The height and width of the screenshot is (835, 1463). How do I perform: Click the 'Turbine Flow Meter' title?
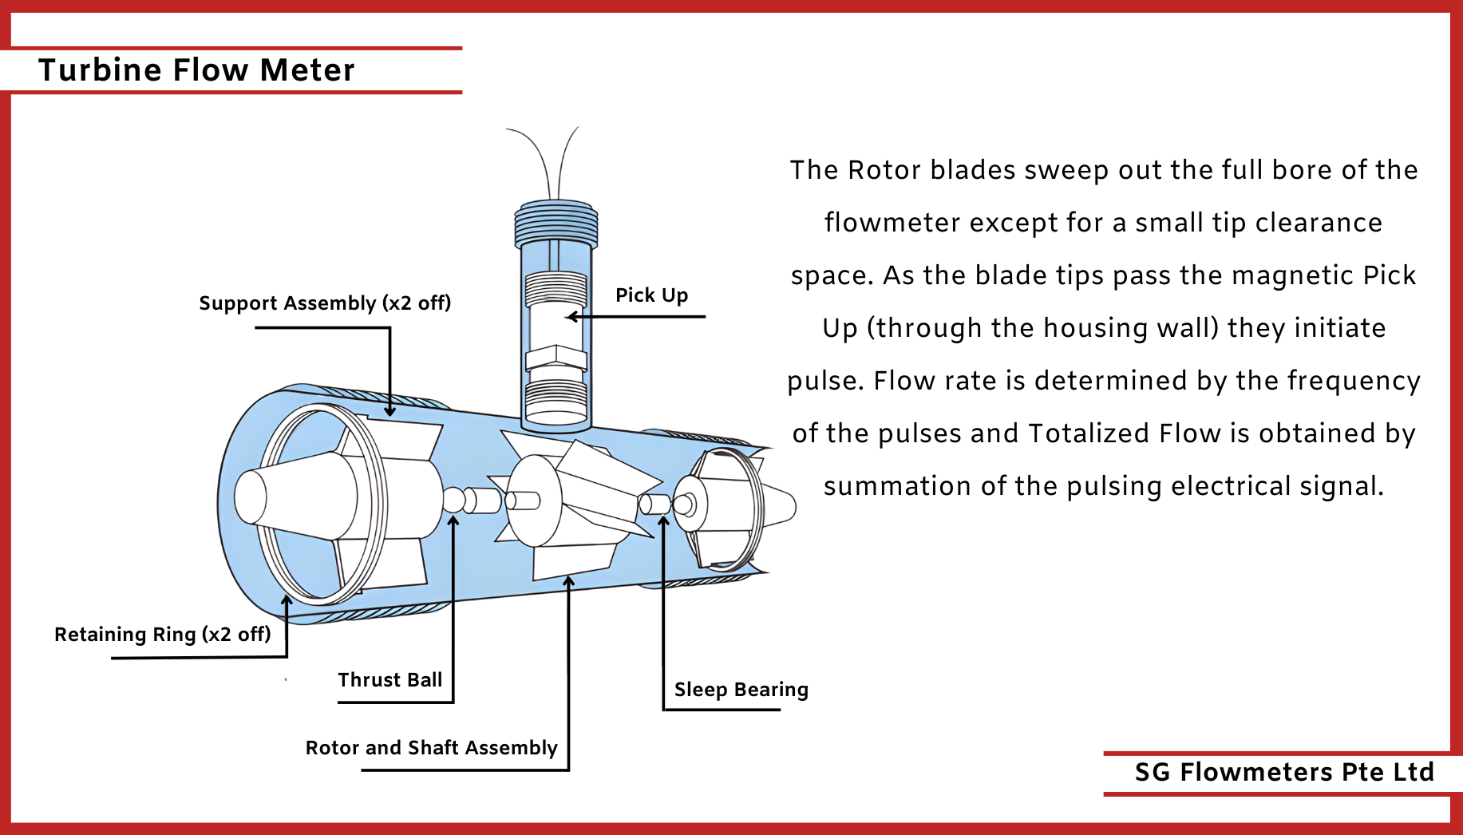click(x=196, y=70)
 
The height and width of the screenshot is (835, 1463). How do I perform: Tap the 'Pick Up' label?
click(x=651, y=295)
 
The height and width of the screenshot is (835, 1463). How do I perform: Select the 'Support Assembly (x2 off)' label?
click(x=325, y=303)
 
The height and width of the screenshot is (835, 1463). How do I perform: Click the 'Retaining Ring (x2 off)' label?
click(x=162, y=635)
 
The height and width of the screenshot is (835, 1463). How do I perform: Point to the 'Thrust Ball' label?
click(x=389, y=680)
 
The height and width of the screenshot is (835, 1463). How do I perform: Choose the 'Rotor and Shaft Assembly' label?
click(x=431, y=748)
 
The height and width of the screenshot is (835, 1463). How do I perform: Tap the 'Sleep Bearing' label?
click(x=741, y=690)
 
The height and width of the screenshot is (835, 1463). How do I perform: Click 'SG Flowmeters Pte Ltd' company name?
click(x=1284, y=772)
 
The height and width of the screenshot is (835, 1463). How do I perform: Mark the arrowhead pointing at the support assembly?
click(x=389, y=410)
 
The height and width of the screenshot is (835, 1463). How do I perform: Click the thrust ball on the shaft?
click(x=453, y=500)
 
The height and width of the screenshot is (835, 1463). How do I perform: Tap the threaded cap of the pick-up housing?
click(x=556, y=223)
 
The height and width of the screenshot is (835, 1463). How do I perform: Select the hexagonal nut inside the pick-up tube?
click(x=556, y=358)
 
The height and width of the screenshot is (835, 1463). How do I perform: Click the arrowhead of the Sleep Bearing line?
click(x=663, y=521)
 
